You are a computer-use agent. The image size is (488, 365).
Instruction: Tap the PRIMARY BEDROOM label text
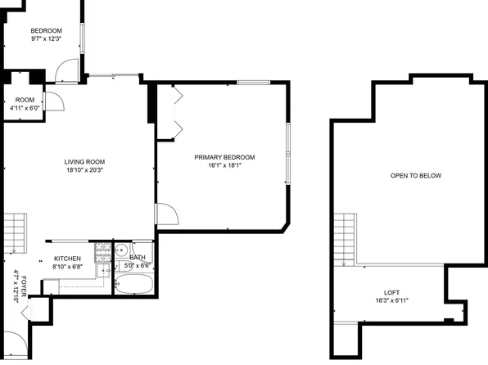[224, 157]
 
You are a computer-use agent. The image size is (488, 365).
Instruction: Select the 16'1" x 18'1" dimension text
[224, 165]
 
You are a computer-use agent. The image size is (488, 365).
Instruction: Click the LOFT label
[392, 293]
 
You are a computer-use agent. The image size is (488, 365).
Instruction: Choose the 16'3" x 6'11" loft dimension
[392, 301]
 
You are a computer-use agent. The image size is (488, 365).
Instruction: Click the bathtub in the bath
[133, 286]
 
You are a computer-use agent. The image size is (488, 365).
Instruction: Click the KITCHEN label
[67, 258]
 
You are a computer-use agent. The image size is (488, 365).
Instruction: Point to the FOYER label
[24, 287]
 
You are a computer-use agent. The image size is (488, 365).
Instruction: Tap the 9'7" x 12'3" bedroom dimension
[47, 39]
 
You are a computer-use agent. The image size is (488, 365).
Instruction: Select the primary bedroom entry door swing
[166, 215]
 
